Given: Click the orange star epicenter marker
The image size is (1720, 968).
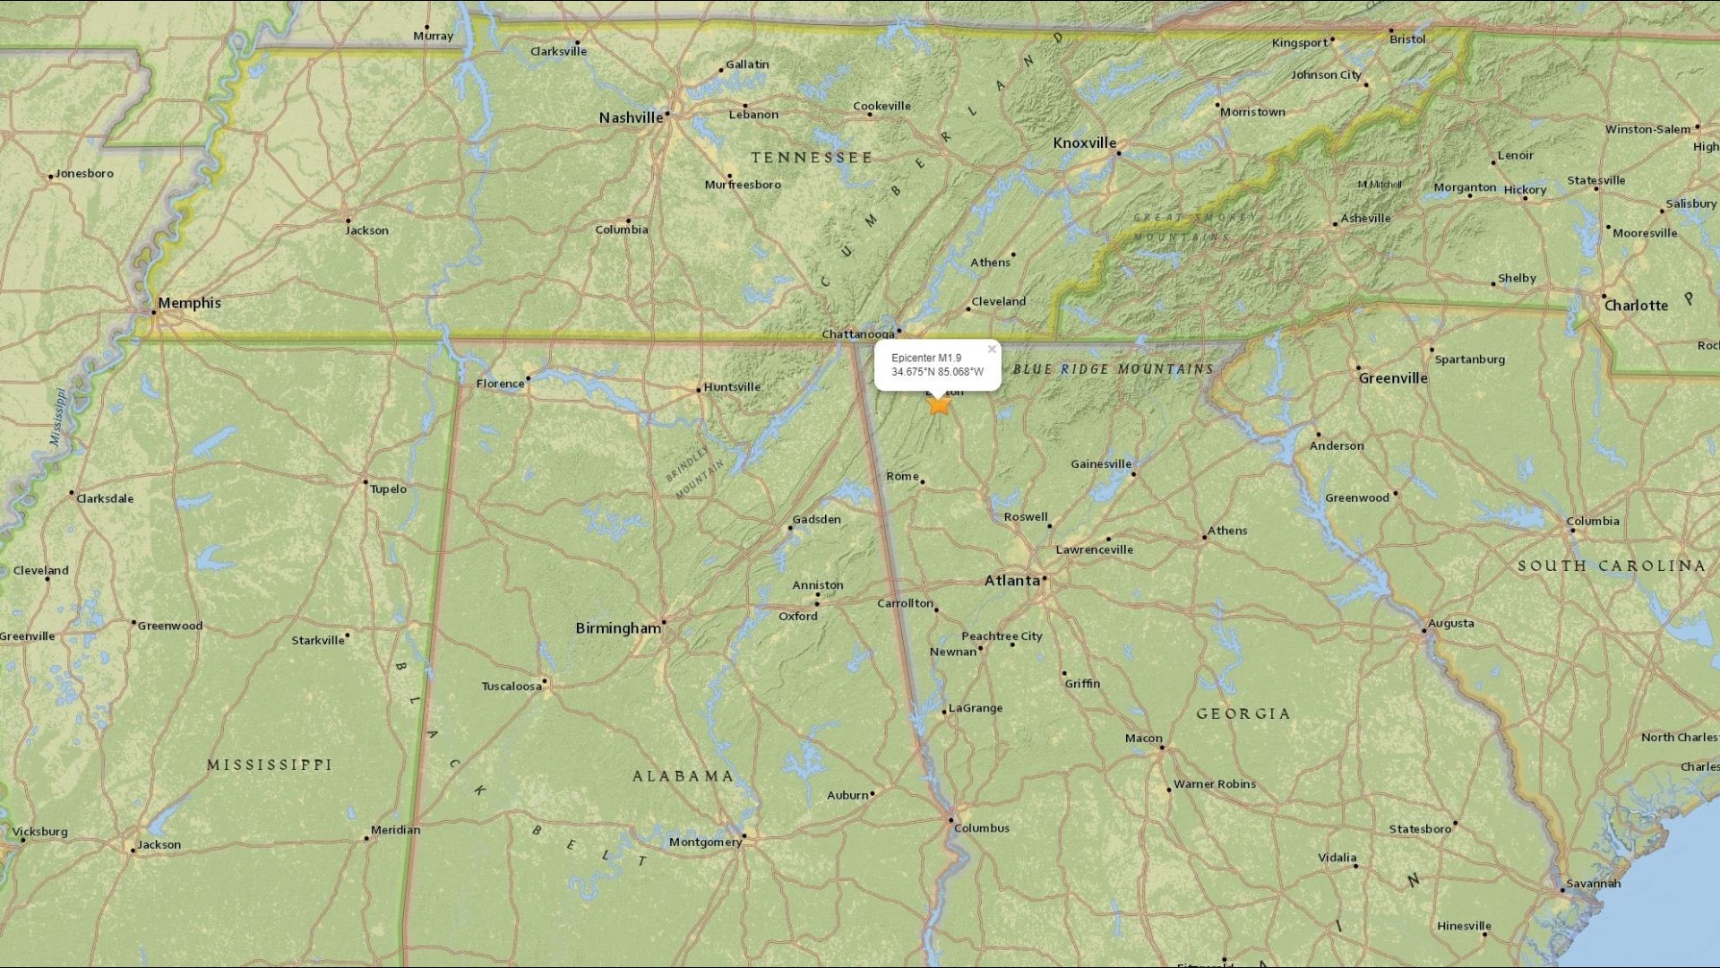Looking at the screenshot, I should click(939, 405).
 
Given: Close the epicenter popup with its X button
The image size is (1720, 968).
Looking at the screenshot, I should click(992, 350).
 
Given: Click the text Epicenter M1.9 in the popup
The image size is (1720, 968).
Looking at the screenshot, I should click(926, 359).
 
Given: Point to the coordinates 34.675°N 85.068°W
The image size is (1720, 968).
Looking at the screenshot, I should click(937, 372).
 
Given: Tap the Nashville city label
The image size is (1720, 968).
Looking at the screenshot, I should click(631, 117).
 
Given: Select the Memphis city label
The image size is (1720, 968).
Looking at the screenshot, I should click(189, 303).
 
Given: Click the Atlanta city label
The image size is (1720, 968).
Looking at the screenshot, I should click(1012, 581).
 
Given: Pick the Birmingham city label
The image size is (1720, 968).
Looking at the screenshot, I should click(618, 628).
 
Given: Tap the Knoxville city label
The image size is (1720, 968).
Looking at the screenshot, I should click(1084, 143).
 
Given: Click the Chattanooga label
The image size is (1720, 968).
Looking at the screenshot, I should click(858, 334).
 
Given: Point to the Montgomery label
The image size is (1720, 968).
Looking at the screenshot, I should click(705, 842).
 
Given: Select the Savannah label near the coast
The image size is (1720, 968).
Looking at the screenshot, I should click(1594, 883).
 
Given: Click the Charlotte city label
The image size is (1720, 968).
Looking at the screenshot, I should click(1636, 306).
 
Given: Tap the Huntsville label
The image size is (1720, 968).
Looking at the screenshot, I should click(732, 387).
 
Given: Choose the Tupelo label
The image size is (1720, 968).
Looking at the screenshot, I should click(389, 488).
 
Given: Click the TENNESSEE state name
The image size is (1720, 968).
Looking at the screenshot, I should click(811, 158).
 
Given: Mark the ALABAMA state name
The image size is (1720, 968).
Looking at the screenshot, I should click(684, 776).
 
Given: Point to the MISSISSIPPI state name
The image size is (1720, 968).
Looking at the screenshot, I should click(270, 765).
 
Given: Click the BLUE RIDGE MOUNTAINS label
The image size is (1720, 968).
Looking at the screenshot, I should click(1114, 369).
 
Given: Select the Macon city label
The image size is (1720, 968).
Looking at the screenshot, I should click(1144, 739).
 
